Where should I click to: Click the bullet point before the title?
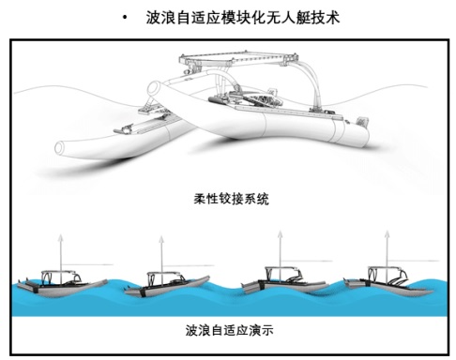[125, 18]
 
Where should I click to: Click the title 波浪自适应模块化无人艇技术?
[243, 18]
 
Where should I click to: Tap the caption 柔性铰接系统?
[231, 199]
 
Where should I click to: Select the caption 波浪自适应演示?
[229, 330]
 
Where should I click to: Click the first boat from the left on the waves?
[63, 284]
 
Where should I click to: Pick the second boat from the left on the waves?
[167, 284]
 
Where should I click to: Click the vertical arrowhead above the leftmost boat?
[61, 237]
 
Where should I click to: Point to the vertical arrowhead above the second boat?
[161, 240]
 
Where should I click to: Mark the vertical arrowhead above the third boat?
[281, 234]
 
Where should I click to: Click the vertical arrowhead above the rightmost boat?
[388, 234]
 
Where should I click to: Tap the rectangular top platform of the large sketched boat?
[238, 58]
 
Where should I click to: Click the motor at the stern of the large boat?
[362, 121]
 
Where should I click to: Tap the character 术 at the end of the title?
[332, 18]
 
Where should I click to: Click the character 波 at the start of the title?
[153, 18]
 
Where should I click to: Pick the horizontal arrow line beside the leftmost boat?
[86, 264]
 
